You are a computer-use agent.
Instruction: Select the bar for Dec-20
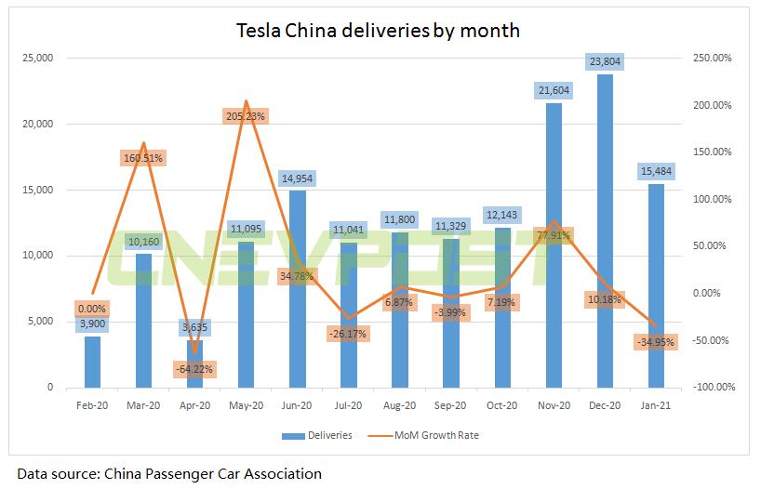pos(604,232)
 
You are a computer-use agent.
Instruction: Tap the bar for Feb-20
pos(91,362)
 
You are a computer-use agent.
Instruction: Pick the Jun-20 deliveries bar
pos(296,288)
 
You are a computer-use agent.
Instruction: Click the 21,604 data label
pos(553,90)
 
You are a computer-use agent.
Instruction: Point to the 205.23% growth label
pos(245,116)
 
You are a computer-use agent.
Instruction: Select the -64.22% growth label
pos(194,369)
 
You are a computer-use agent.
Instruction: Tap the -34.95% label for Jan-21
pos(655,342)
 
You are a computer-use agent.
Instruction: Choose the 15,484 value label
pos(655,170)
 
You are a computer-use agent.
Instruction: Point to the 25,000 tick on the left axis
pos(36,59)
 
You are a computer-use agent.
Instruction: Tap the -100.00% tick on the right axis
pos(712,388)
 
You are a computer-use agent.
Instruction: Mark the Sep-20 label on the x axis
pos(450,405)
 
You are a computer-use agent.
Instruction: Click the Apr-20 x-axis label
pos(194,405)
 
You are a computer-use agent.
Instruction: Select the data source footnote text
pos(169,474)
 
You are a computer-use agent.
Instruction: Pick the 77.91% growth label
pos(553,235)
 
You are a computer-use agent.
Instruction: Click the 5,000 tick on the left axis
pos(39,322)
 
